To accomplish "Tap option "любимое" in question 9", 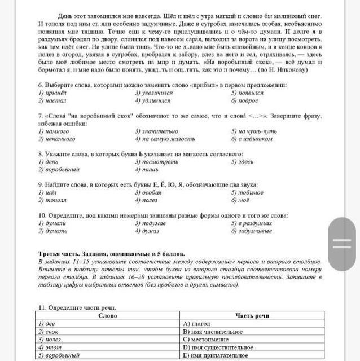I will [251, 192].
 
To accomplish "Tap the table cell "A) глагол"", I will [197, 324].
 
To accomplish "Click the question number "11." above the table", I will [41, 307].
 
